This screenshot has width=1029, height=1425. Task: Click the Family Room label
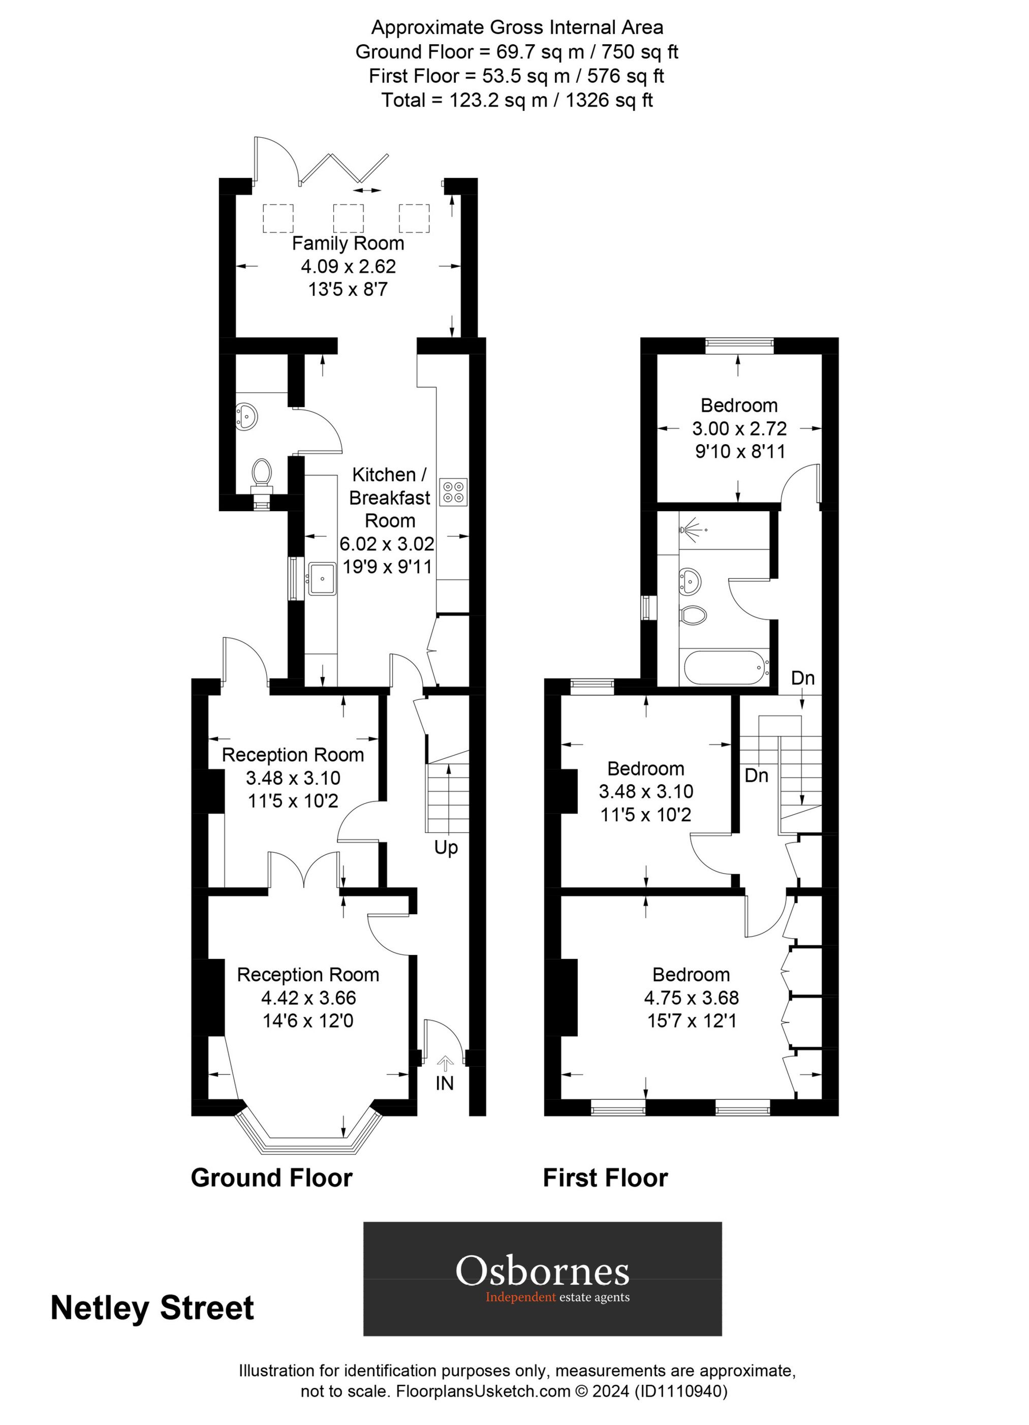click(x=348, y=243)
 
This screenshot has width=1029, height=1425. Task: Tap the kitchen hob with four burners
click(x=453, y=491)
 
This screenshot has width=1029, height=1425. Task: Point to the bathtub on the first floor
click(x=724, y=668)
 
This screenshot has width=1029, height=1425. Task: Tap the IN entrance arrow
click(x=445, y=1064)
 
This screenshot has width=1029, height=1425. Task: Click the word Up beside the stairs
click(x=446, y=848)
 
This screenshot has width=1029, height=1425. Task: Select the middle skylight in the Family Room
click(x=348, y=219)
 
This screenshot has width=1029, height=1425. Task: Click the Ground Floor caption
click(x=271, y=1178)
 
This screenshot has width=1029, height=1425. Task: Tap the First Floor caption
click(x=605, y=1178)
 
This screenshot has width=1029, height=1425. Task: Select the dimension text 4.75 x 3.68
click(x=691, y=998)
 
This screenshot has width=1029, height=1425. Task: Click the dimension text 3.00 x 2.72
click(x=739, y=428)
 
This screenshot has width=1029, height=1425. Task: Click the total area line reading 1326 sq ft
click(x=517, y=100)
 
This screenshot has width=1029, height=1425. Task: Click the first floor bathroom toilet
click(x=693, y=614)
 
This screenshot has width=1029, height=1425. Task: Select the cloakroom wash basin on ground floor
click(x=247, y=416)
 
